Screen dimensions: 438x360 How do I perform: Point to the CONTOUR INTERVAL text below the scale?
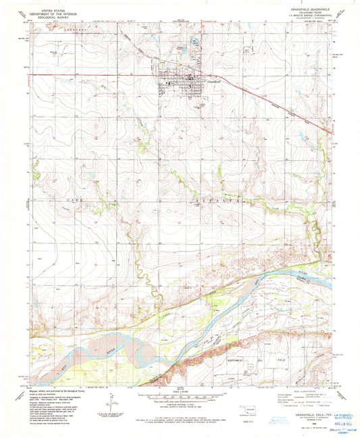pos(180,404)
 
